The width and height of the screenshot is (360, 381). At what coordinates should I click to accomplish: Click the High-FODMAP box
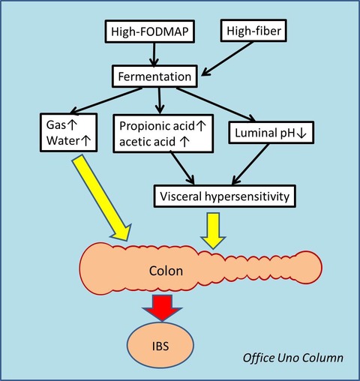(149, 31)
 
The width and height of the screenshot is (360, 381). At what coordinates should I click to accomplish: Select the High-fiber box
(253, 31)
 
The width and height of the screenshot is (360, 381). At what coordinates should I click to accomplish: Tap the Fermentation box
(154, 76)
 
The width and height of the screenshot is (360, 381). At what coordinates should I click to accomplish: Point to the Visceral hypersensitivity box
(225, 196)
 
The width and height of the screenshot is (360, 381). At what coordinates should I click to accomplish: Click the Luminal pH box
(271, 133)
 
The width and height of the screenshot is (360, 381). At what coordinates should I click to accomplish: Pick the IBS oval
(160, 346)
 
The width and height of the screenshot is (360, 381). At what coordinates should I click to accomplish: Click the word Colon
(166, 271)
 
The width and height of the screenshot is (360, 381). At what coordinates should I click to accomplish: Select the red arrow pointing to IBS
(162, 307)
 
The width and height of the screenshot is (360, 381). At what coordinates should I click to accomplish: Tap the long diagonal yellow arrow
(101, 197)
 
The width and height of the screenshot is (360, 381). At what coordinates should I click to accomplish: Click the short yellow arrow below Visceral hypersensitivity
(213, 230)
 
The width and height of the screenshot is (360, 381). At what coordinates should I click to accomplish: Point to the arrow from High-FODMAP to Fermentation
(154, 55)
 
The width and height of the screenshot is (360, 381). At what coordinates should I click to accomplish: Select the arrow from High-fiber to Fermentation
(227, 58)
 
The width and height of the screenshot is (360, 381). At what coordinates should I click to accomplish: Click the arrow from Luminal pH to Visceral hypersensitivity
(250, 164)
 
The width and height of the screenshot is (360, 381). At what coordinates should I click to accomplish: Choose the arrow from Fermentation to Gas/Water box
(106, 100)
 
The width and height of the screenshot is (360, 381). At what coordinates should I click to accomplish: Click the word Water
(63, 140)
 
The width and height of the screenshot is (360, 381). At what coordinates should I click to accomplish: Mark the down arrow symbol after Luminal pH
(301, 133)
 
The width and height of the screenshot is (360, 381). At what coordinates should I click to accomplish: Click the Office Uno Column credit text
(293, 358)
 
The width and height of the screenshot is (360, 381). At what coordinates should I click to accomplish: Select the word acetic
(133, 142)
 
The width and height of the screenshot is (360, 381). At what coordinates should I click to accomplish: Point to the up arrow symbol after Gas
(71, 124)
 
